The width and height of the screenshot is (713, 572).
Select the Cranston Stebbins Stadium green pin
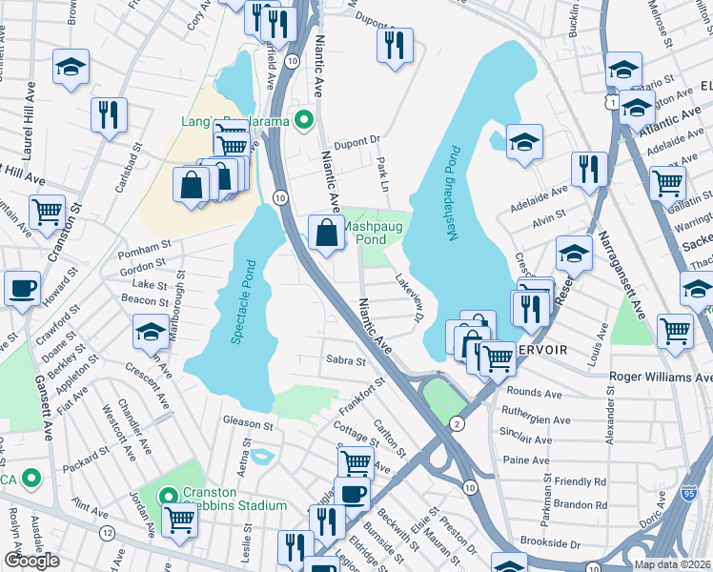[x=168, y=496]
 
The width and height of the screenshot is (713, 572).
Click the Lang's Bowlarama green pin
[x=304, y=119]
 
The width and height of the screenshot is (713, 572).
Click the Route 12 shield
[x=107, y=531]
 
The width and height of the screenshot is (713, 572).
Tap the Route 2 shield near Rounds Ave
[x=458, y=422]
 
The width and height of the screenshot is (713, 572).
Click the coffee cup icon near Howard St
[x=22, y=287]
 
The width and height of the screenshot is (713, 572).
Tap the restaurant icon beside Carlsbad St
[x=109, y=114]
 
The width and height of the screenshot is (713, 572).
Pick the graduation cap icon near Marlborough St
[x=150, y=332]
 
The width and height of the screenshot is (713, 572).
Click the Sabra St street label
[x=346, y=361]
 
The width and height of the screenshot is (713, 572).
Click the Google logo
[x=31, y=561]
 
